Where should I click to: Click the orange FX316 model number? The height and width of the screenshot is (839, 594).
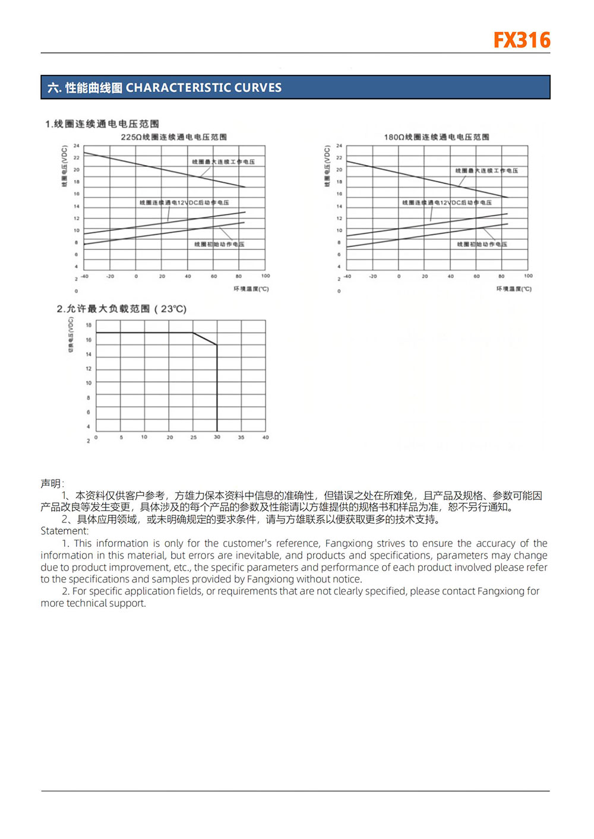522,40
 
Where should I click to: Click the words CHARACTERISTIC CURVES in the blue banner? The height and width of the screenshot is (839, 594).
203,88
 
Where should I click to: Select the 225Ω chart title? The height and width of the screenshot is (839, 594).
173,137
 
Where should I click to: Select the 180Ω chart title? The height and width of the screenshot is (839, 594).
437,137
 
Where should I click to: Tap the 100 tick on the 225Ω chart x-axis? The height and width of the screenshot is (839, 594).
266,276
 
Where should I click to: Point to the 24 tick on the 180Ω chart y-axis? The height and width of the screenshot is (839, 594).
339,145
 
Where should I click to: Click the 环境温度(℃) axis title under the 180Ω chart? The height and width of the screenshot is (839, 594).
514,289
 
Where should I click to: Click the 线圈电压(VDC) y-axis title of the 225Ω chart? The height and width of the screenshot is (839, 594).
65,166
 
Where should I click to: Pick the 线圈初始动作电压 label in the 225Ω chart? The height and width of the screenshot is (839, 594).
219,244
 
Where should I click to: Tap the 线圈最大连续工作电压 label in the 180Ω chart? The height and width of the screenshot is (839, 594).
486,171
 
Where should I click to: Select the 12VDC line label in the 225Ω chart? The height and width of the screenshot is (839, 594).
184,202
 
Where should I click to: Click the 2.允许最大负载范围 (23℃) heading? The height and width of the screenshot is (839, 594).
121,309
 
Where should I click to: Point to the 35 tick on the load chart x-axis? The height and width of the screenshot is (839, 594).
241,438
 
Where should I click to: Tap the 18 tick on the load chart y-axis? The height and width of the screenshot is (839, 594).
89,325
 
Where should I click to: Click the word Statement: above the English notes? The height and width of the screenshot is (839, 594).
64,531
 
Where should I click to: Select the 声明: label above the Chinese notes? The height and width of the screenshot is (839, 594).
52,483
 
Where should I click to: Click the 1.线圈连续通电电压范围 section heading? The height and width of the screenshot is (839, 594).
102,124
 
